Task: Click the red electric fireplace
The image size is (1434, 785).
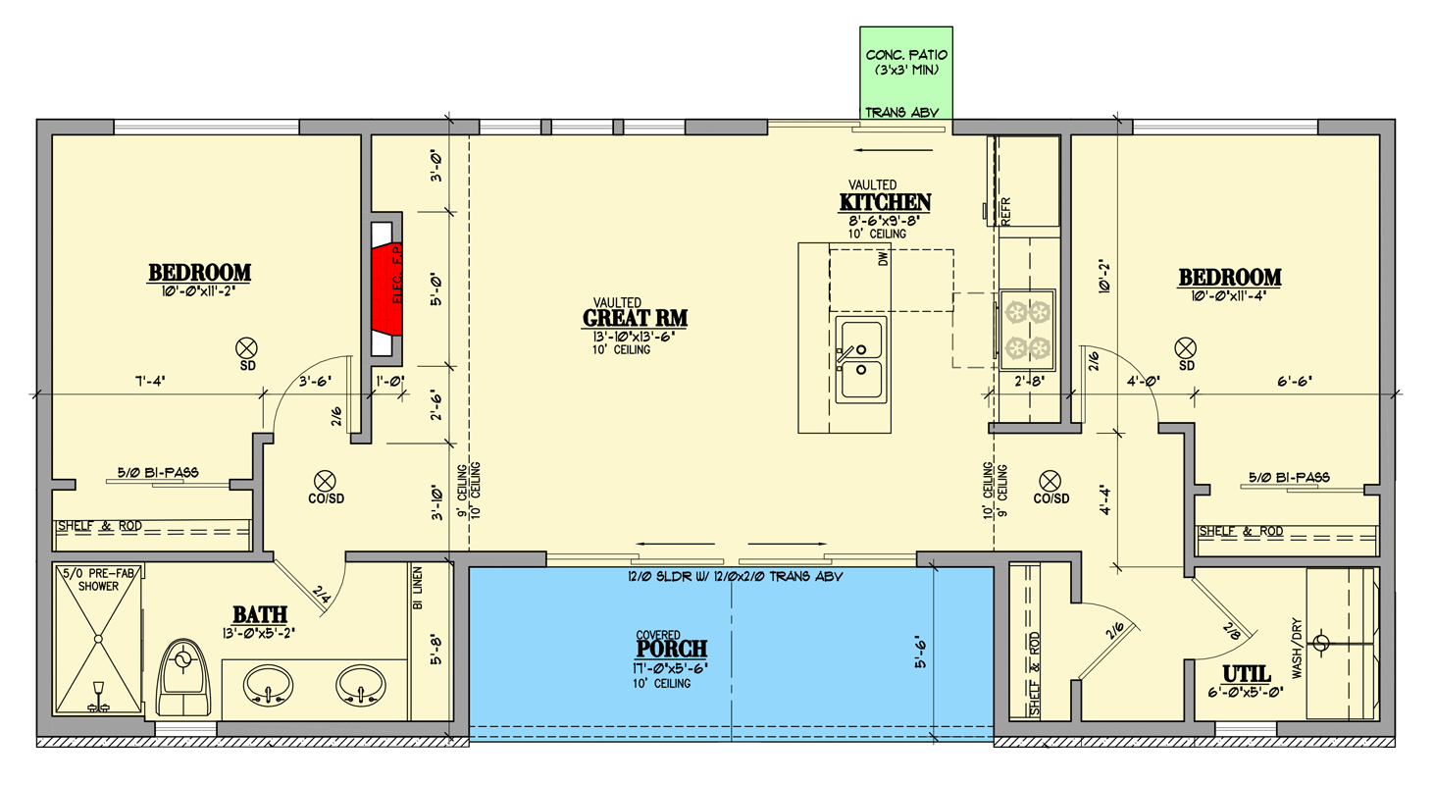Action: (386, 288)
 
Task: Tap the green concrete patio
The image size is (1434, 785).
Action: (906, 73)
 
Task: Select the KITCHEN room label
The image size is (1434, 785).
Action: (885, 202)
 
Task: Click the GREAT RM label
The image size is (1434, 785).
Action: (635, 318)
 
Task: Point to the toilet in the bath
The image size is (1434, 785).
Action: (183, 677)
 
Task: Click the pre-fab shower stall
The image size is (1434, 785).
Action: (98, 639)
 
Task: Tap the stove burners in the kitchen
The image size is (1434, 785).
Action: (1028, 330)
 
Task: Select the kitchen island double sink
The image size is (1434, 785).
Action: (861, 360)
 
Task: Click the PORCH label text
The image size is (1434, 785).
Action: (672, 649)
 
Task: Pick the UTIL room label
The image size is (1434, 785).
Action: (1247, 674)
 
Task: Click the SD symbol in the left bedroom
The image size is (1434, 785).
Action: (246, 349)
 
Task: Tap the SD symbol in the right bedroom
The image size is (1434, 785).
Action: (1186, 349)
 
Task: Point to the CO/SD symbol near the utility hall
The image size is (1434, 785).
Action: (1050, 482)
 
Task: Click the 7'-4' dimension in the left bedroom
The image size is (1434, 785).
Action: (150, 381)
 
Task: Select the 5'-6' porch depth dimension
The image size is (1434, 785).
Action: (921, 652)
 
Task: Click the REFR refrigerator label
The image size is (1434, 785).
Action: (1005, 211)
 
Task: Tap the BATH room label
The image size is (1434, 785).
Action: (260, 614)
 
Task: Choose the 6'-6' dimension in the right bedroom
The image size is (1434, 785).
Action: (1295, 381)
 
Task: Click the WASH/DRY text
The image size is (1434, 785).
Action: (1297, 648)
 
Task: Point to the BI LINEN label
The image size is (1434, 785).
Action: (418, 588)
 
